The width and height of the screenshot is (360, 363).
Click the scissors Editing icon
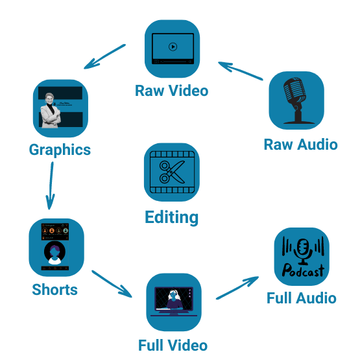(172, 172)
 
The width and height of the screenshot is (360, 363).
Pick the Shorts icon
(56, 247)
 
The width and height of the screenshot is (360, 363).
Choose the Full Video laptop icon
(173, 301)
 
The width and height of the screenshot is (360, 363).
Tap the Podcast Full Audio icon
(302, 256)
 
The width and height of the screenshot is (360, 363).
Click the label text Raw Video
(172, 90)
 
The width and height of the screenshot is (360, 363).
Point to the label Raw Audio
(300, 144)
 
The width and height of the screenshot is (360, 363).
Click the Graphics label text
(60, 150)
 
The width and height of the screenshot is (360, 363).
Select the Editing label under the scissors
(172, 217)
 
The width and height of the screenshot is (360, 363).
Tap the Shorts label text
(54, 289)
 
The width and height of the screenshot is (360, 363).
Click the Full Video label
(173, 344)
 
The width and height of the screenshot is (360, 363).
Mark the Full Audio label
(302, 298)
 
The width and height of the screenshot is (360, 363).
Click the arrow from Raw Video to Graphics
(105, 57)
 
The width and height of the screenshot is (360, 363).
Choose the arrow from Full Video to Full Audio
(237, 288)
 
